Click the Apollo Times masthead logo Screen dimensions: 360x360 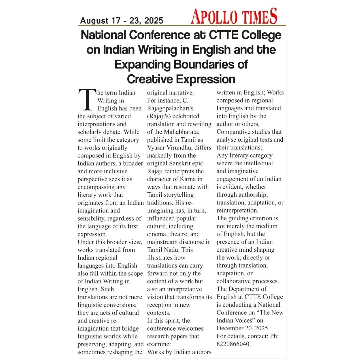(x=234, y=16)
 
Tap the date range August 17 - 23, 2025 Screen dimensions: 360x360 (x=122, y=21)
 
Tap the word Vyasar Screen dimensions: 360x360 (x=159, y=148)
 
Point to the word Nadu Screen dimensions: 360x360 (x=174, y=250)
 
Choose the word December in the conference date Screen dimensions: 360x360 (x=231, y=328)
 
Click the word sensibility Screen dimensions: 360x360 (x=93, y=218)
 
